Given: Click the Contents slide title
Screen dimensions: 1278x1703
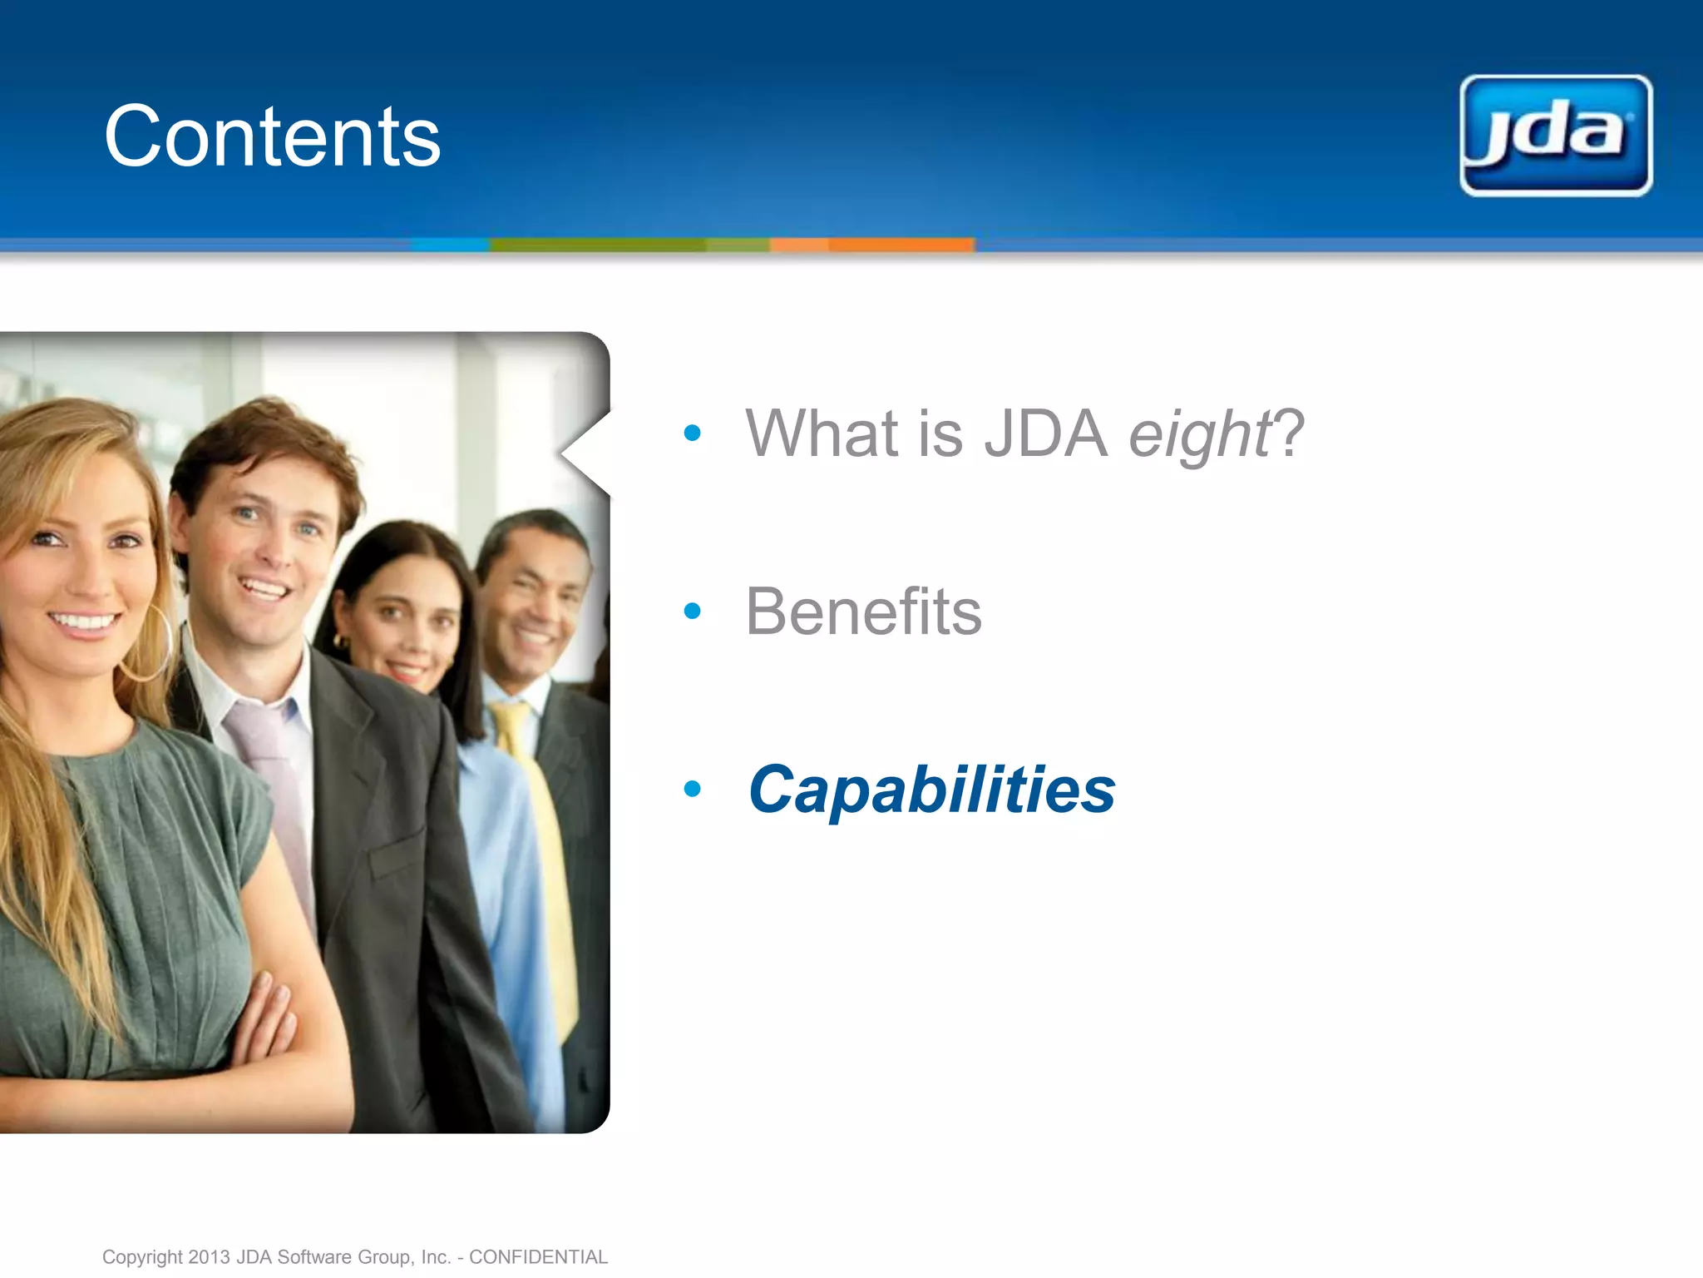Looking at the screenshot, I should (x=272, y=137).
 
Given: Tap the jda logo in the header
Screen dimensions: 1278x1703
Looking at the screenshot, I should (x=1555, y=136).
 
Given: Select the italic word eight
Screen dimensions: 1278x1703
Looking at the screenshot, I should (x=1198, y=434).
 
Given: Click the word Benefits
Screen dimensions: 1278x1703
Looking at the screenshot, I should (x=863, y=612).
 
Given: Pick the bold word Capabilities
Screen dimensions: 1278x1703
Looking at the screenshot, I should (x=931, y=790).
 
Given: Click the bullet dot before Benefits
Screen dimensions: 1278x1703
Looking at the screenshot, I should (x=692, y=612).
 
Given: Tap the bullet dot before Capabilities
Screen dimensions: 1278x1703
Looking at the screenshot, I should (x=692, y=789).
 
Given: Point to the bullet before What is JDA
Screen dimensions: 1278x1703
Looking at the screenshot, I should (x=692, y=433).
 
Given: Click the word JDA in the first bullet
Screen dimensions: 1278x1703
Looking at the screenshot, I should (x=1045, y=434).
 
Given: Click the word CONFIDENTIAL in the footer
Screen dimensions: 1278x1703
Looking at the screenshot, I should (x=538, y=1256).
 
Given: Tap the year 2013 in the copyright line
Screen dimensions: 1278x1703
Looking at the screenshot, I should (x=209, y=1256).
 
